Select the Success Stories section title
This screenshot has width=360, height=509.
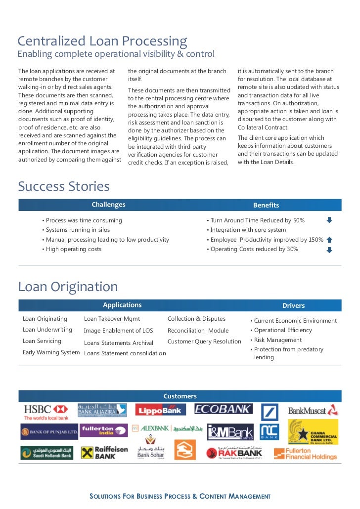[64, 186]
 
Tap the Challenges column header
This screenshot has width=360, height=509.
[108, 205]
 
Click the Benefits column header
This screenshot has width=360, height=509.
[266, 205]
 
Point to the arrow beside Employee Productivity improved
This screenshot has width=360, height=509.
[329, 240]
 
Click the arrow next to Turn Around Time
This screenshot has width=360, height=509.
[329, 220]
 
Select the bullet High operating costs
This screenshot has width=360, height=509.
[73, 249]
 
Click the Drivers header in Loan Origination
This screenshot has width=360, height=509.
[293, 305]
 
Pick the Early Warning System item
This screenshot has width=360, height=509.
[51, 352]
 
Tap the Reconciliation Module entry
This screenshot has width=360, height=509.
[198, 331]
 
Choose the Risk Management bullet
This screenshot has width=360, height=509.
[277, 340]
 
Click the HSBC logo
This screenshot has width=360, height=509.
[46, 412]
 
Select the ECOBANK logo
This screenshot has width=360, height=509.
[224, 409]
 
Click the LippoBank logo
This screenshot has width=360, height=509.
[161, 410]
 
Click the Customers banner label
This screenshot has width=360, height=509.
[180, 396]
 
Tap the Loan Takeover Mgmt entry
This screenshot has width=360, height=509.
[112, 319]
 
